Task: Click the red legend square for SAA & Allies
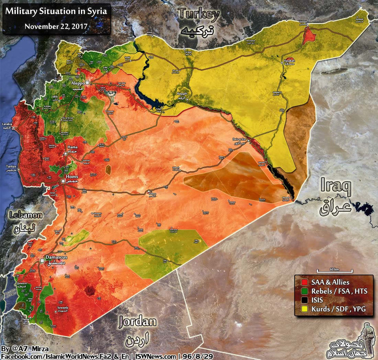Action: [x=304, y=282]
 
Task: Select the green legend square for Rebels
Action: [x=304, y=291]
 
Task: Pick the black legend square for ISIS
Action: [x=304, y=300]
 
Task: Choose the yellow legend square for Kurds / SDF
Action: [x=304, y=309]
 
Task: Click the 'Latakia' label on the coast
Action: [x=7, y=124]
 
